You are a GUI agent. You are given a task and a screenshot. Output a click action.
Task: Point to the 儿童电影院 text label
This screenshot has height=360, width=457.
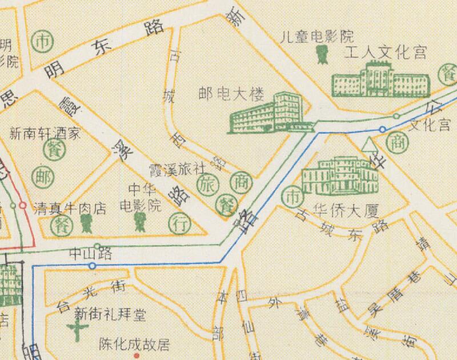(x=317, y=38)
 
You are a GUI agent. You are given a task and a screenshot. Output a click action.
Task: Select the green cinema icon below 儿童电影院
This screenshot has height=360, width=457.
(x=321, y=55)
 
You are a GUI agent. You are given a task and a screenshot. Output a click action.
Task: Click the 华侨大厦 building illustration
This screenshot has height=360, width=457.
(x=340, y=176)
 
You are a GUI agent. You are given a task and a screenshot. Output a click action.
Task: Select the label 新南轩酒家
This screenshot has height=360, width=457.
(x=45, y=135)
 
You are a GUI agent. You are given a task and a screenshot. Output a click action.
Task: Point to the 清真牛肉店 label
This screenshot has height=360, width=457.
(x=70, y=207)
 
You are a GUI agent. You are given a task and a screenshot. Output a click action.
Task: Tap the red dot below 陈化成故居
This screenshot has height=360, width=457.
(x=137, y=355)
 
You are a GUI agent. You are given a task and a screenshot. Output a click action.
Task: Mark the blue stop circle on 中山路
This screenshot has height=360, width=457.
(x=93, y=266)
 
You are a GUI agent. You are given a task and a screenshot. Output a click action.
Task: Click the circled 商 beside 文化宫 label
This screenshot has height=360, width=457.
(x=395, y=143)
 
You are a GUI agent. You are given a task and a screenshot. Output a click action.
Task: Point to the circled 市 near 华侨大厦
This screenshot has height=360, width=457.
(x=293, y=195)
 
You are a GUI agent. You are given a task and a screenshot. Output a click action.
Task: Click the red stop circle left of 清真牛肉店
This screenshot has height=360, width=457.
(x=22, y=205)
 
